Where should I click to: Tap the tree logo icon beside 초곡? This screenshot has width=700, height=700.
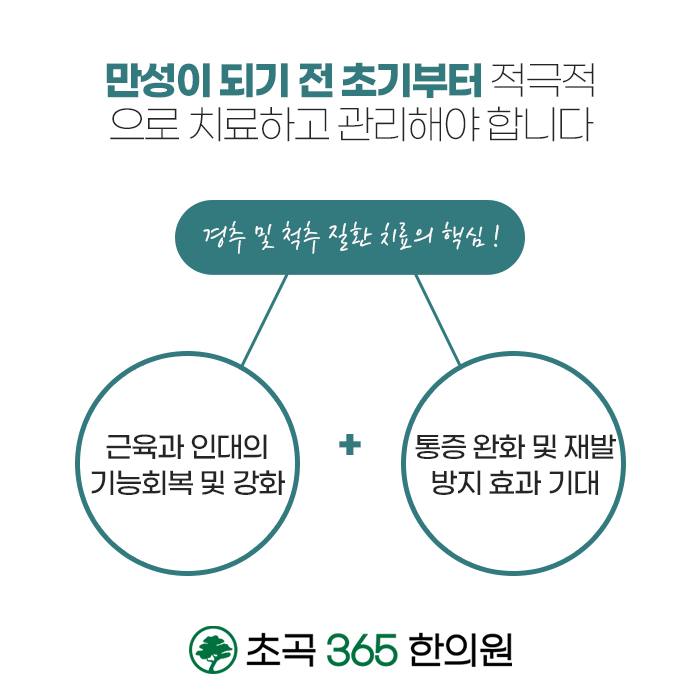pyautogui.click(x=210, y=648)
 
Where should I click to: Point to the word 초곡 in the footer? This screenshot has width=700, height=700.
pyautogui.click(x=269, y=648)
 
